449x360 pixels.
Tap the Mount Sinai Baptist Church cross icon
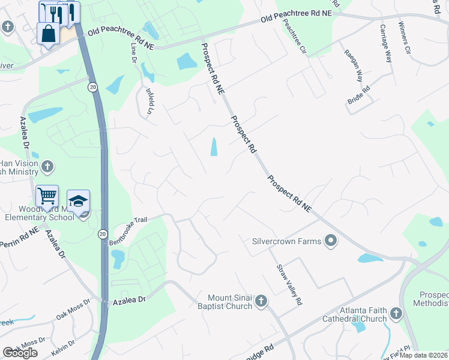tap(261, 301)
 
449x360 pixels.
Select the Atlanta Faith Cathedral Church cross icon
tap(395, 313)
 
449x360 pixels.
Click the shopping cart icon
tap(47, 196)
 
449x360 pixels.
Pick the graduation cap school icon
tap(78, 200)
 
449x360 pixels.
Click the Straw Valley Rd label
tap(289, 285)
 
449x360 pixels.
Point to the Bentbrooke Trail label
tap(127, 232)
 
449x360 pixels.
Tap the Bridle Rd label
tap(358, 96)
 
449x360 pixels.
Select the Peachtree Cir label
tap(295, 35)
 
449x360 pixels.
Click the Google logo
tap(20, 353)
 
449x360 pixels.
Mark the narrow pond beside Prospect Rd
tap(214, 146)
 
